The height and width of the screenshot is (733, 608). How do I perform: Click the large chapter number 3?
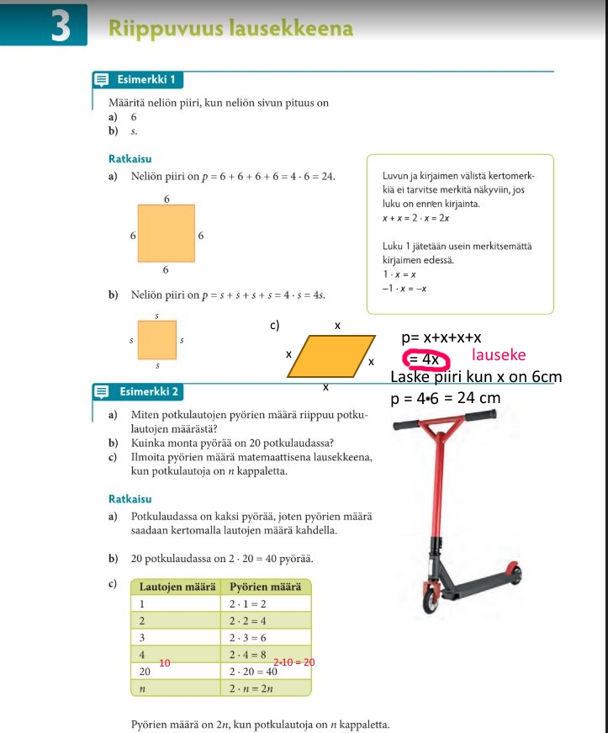coord(60,27)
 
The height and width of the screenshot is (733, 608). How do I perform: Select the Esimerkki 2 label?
coord(148,391)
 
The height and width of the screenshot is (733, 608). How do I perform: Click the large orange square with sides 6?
coord(167,233)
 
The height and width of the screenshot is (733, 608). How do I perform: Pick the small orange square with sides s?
coord(157,340)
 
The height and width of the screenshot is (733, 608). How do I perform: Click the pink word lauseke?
coord(499,356)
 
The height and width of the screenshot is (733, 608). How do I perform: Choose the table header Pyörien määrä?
coord(265,587)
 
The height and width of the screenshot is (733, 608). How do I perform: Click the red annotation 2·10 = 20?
coord(293,662)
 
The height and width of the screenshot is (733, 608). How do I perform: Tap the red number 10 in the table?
coord(165,663)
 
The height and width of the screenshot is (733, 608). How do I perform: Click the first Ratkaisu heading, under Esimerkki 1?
coord(130,158)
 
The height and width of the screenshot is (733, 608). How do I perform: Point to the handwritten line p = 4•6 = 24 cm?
coord(446,397)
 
